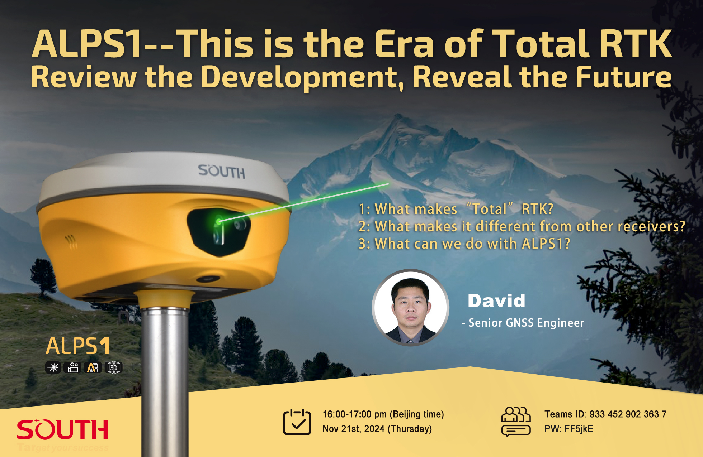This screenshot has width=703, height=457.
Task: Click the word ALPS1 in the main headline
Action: click(87, 44)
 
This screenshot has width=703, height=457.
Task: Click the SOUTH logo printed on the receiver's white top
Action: click(222, 172)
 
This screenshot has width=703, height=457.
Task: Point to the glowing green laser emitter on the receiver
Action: click(218, 221)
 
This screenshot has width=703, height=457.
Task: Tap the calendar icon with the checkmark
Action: click(297, 422)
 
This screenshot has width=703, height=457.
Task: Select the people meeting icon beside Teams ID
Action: click(516, 422)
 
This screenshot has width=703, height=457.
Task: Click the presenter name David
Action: click(496, 300)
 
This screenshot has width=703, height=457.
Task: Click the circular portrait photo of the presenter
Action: click(411, 308)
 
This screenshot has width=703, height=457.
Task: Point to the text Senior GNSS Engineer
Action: click(526, 323)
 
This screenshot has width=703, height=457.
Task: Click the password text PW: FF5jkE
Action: click(569, 429)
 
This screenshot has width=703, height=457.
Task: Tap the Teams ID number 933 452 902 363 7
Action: click(628, 414)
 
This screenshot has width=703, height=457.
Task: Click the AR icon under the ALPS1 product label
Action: click(93, 367)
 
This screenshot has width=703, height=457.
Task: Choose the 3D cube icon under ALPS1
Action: click(114, 367)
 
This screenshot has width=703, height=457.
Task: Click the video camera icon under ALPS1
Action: click(73, 367)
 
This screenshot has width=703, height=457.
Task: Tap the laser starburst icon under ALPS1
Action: click(53, 367)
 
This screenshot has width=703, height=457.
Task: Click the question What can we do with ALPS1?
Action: click(464, 244)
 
